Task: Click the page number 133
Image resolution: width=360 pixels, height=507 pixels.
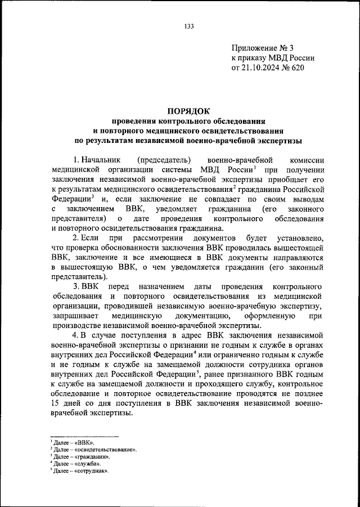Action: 188,26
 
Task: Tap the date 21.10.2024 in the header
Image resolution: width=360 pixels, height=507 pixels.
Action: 263,67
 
